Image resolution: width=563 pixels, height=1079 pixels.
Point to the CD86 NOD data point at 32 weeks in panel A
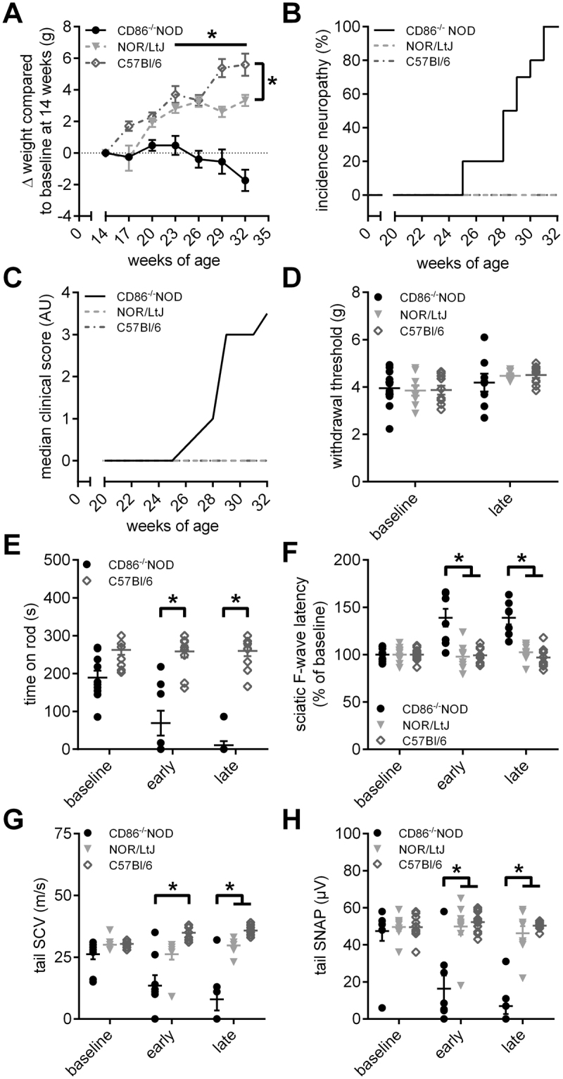pos(245,180)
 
